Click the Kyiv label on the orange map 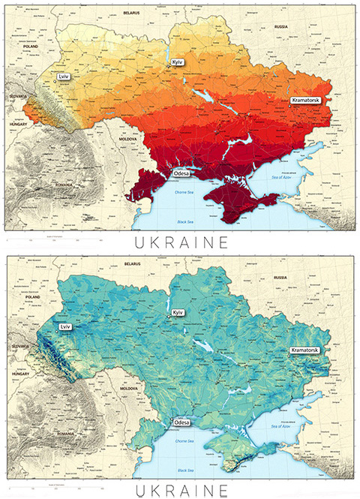point(178,62)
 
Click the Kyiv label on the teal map point(178,312)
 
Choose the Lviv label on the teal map point(65,328)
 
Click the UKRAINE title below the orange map point(180,242)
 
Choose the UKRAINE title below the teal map point(180,490)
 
